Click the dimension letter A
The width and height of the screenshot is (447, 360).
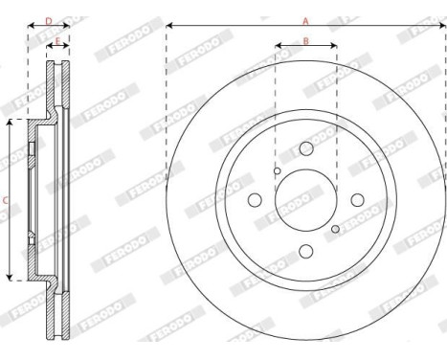[x=306, y=19]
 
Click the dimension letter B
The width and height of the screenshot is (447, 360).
[x=305, y=40]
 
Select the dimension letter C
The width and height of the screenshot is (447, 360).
[x=6, y=200]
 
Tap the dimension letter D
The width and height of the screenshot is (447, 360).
[x=49, y=19]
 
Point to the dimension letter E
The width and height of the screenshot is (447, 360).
[x=58, y=41]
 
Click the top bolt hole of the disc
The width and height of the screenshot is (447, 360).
[x=306, y=149]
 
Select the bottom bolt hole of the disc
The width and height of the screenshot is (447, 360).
[x=306, y=251]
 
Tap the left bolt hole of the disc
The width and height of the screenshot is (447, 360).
[x=256, y=200]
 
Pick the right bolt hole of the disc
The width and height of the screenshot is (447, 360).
[x=357, y=200]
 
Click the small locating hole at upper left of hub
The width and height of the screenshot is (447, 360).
[x=277, y=171]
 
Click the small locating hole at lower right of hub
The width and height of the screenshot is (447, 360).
[x=335, y=229]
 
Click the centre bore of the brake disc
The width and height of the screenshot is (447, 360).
[x=306, y=200]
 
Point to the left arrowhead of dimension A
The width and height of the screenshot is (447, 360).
[x=168, y=25]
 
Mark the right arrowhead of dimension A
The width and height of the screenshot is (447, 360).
[x=443, y=25]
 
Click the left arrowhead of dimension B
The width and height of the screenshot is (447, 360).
[x=278, y=46]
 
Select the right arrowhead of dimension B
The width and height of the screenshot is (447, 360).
[x=335, y=46]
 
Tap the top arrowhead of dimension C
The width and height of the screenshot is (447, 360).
[x=11, y=123]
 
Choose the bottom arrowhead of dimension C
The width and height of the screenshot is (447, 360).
[x=11, y=278]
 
